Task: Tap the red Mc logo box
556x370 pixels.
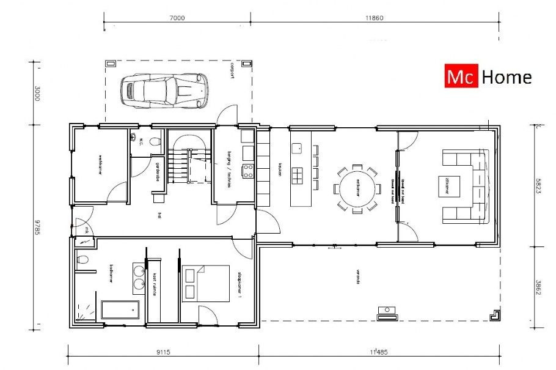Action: click(x=461, y=77)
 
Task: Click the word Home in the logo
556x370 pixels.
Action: click(x=507, y=77)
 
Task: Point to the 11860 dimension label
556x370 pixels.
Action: click(x=374, y=18)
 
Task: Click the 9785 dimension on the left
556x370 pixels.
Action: click(x=37, y=224)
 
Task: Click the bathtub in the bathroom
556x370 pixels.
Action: click(x=120, y=309)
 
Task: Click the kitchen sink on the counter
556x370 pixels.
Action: click(x=298, y=147)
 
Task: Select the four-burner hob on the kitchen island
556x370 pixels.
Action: click(x=298, y=176)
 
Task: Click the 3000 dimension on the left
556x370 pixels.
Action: click(x=37, y=93)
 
